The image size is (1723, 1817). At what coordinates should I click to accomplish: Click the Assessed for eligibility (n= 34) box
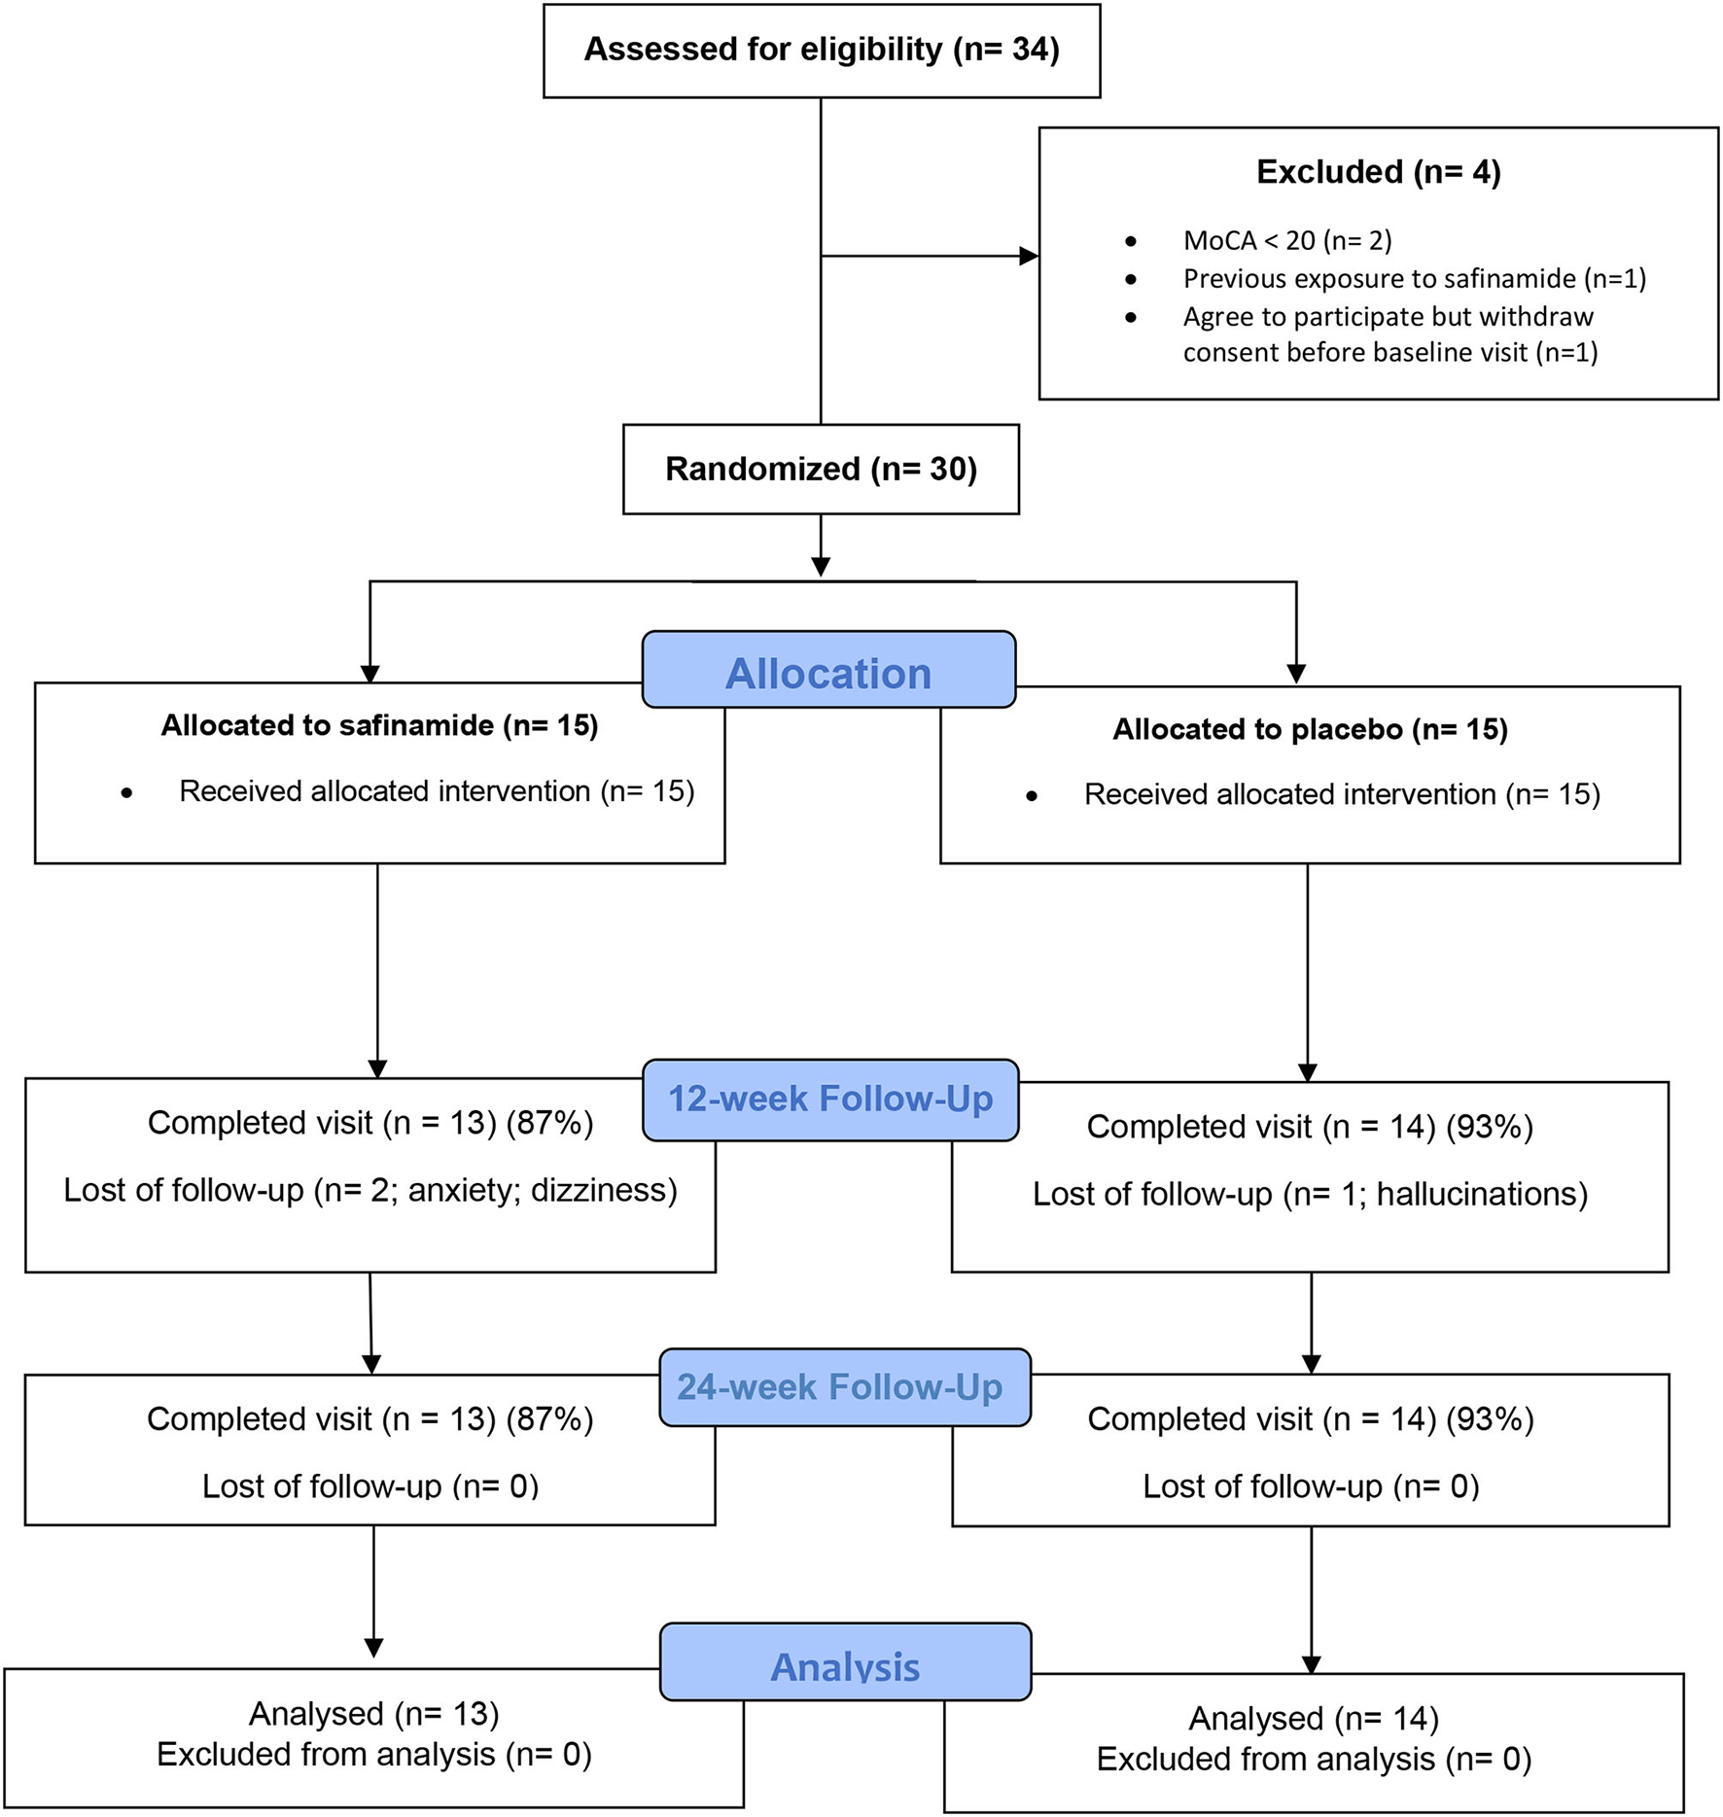[x=822, y=50]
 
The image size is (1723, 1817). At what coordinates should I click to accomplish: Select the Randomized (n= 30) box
[x=821, y=470]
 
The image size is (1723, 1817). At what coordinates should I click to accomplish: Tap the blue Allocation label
[x=828, y=673]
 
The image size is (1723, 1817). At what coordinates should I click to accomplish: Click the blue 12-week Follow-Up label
[x=830, y=1100]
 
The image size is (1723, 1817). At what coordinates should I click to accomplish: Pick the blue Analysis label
[x=845, y=1666]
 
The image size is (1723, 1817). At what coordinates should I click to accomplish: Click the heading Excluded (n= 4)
[x=1378, y=172]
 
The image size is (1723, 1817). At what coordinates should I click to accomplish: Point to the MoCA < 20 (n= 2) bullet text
[x=1287, y=240]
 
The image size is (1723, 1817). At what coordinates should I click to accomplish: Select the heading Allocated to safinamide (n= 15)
[x=379, y=725]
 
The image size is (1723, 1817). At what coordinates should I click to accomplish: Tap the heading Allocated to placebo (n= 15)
[x=1310, y=729]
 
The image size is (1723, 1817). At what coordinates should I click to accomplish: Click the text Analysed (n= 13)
[x=374, y=1713]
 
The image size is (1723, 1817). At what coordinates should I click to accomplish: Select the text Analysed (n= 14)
[x=1314, y=1718]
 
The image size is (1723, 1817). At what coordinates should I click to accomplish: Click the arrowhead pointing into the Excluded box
[x=1029, y=257]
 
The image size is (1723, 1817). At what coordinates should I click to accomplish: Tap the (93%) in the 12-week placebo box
[x=1490, y=1127]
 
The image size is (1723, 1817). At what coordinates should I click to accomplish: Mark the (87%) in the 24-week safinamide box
[x=549, y=1419]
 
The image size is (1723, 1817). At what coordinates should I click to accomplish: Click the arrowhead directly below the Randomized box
[x=821, y=566]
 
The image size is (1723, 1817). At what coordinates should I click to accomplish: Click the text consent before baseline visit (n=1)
[x=1390, y=352]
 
